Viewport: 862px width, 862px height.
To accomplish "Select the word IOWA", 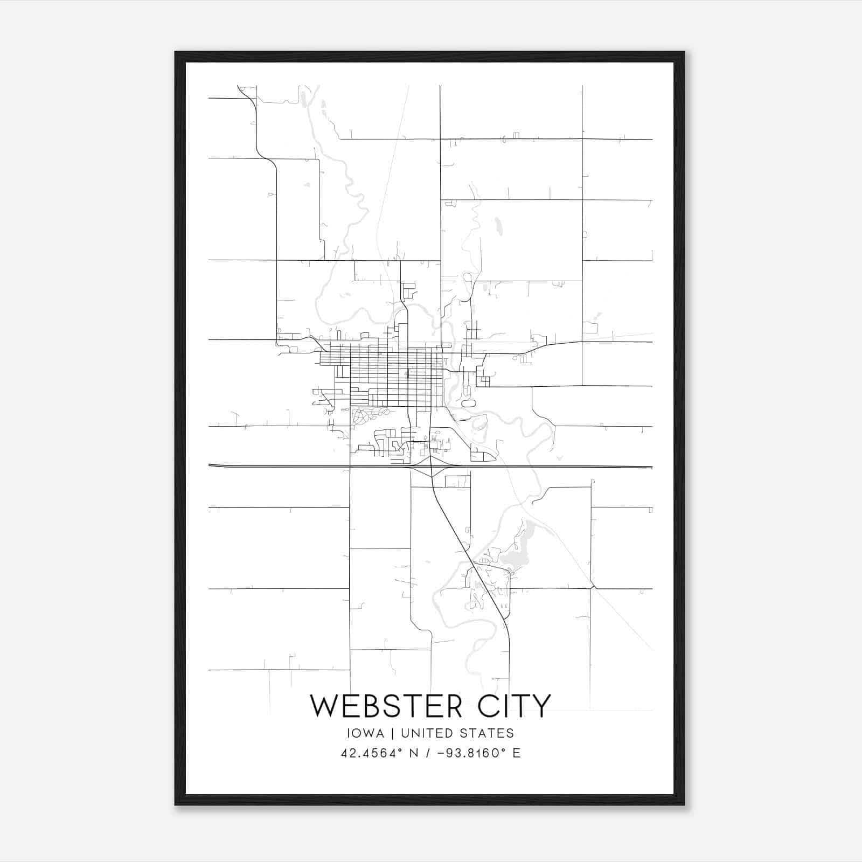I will pyautogui.click(x=366, y=733).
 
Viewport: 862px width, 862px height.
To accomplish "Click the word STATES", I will pyautogui.click(x=487, y=733).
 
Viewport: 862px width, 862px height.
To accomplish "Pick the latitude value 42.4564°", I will pyautogui.click(x=372, y=753).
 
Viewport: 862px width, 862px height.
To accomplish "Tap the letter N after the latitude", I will pyautogui.click(x=414, y=753).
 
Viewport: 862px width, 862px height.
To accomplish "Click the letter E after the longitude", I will pyautogui.click(x=517, y=753).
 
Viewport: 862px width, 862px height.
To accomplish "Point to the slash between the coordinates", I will pyautogui.click(x=427, y=753).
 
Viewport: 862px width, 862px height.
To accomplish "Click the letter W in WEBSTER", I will pyautogui.click(x=324, y=706).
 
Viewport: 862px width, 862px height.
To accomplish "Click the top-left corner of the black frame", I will pyautogui.click(x=176, y=52).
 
